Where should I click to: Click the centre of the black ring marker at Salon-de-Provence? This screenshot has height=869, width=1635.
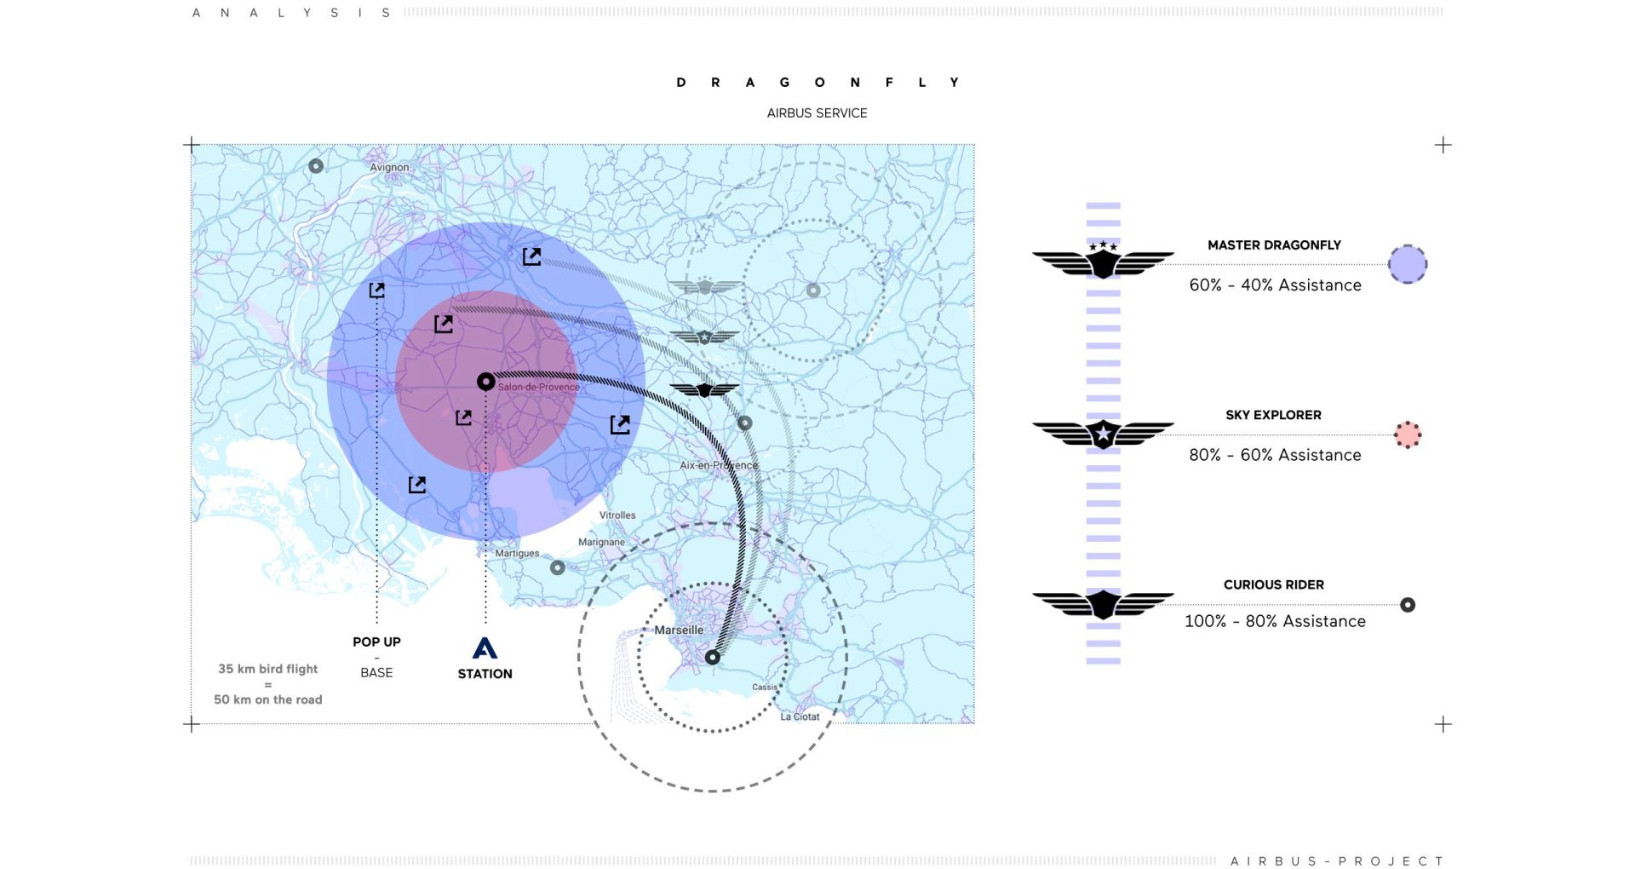click(x=485, y=382)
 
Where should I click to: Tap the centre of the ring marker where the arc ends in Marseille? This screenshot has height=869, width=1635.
click(x=713, y=657)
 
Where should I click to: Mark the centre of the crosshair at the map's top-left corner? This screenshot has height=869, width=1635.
click(x=192, y=145)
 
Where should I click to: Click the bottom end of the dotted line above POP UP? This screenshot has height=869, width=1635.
click(x=376, y=623)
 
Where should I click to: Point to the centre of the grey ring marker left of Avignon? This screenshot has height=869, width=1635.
click(x=316, y=166)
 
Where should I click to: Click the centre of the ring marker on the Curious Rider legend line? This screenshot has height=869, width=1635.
click(x=1408, y=605)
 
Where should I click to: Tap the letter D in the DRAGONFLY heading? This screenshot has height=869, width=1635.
click(x=681, y=83)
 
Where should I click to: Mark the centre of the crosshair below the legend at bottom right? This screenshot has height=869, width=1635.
click(x=1443, y=724)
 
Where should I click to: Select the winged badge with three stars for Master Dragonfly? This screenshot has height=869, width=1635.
click(x=1103, y=260)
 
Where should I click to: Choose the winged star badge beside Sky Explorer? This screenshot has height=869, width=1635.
click(x=1103, y=434)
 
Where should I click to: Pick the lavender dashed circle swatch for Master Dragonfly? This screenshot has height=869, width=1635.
click(x=1408, y=264)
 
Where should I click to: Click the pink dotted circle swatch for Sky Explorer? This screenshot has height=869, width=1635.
click(x=1408, y=434)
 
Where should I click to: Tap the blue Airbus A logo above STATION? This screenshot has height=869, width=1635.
click(x=485, y=648)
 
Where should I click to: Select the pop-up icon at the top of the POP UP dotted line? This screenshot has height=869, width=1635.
click(x=376, y=291)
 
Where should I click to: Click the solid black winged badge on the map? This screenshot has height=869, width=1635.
click(x=704, y=390)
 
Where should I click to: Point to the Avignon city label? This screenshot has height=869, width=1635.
click(x=389, y=168)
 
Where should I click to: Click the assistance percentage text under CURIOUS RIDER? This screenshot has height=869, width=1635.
click(x=1275, y=621)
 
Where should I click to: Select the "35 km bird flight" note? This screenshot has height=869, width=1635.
click(x=267, y=669)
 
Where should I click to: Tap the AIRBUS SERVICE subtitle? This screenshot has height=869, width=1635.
click(x=817, y=113)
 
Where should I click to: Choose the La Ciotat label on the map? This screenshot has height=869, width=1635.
click(x=800, y=716)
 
